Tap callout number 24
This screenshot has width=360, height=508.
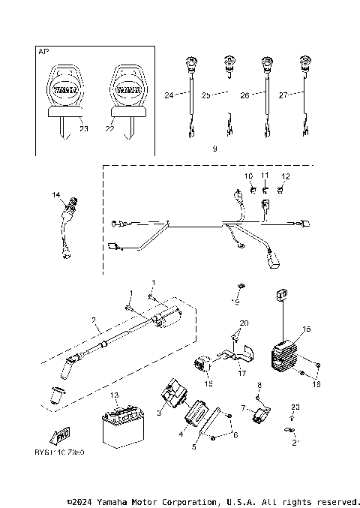[169, 95]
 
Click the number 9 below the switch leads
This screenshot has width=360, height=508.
[214, 149]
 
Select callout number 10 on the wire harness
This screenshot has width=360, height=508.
[248, 176]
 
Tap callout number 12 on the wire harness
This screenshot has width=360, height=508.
[284, 176]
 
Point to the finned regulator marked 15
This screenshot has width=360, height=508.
[286, 350]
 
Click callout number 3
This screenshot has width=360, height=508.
[159, 413]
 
